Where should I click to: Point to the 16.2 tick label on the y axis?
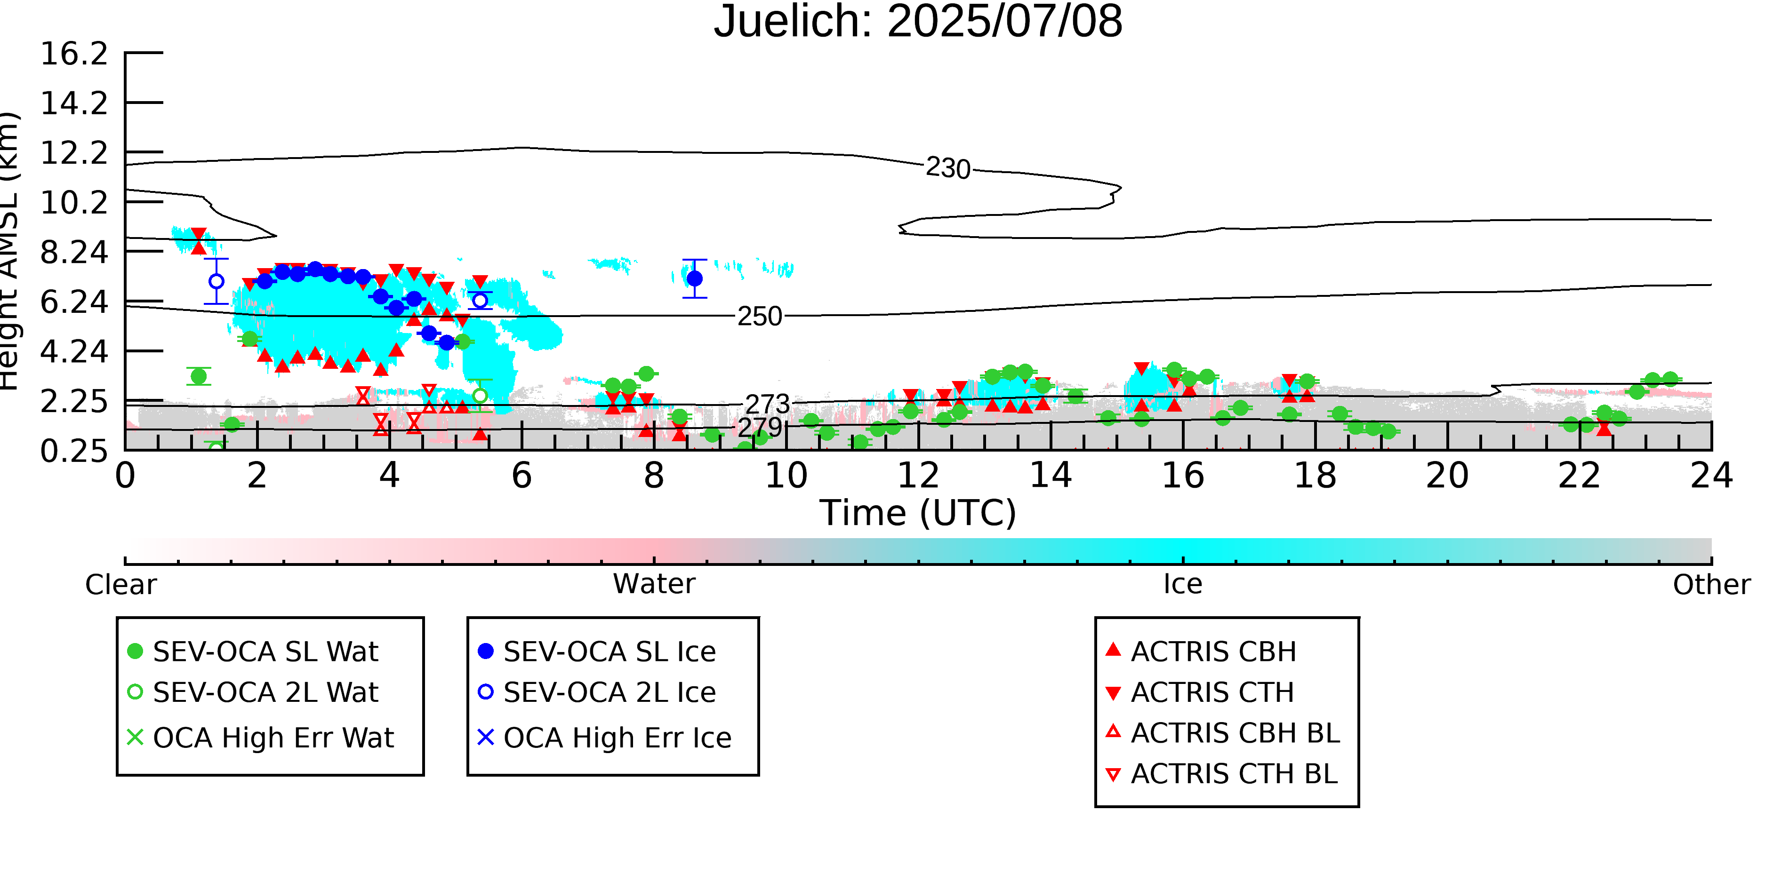point(74,54)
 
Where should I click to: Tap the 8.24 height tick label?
point(74,252)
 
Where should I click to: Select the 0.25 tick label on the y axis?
point(74,451)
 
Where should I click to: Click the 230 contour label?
point(948,168)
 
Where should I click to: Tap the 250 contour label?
point(759,317)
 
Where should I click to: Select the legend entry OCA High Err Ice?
point(604,738)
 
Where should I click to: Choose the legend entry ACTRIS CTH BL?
point(1222,774)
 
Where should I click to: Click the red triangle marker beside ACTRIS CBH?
point(1114,649)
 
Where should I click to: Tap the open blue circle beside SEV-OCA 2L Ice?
point(485,691)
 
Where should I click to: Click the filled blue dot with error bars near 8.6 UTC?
point(694,278)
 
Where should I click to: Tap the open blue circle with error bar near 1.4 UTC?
point(216,281)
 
